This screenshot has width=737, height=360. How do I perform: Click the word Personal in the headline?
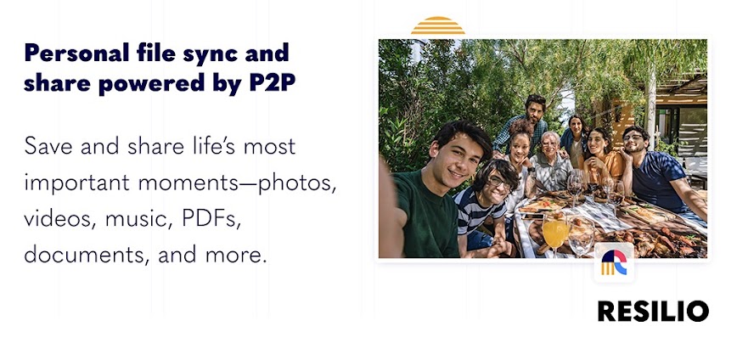point(76,52)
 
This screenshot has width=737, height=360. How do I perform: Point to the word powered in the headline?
point(151,85)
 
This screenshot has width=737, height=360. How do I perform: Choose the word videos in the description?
point(59,219)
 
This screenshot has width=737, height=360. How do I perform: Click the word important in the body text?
point(76,183)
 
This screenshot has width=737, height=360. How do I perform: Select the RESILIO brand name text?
point(653,311)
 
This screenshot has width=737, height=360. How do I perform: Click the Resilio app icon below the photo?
point(614,262)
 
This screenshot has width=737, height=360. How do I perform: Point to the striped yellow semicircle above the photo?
point(437,25)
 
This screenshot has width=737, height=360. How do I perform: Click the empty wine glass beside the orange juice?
point(581,238)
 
